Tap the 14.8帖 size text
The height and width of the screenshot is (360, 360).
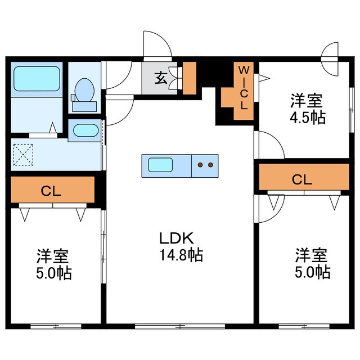(x=180, y=255)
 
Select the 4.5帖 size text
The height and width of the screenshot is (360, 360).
(x=307, y=119)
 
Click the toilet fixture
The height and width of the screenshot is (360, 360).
(x=85, y=93)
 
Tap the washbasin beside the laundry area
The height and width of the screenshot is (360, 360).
(x=86, y=131)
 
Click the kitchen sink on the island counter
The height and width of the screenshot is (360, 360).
(x=160, y=165)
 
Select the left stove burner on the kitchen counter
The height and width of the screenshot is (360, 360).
(x=200, y=165)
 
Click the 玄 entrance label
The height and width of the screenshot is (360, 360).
(x=161, y=78)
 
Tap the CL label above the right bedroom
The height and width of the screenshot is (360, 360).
(x=302, y=179)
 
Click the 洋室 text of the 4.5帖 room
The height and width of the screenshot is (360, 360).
(x=307, y=102)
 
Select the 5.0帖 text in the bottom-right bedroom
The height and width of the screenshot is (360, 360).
(x=312, y=272)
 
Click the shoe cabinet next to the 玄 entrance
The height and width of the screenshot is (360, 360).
(x=189, y=78)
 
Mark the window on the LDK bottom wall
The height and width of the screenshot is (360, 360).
(x=180, y=326)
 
